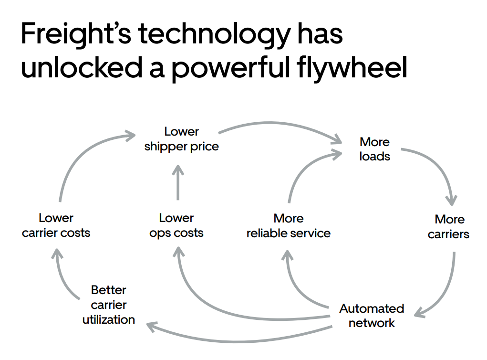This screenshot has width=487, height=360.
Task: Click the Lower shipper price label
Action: [x=181, y=139]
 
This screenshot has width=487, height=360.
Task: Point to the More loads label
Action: [x=374, y=149]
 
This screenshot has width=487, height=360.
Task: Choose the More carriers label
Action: [x=448, y=227]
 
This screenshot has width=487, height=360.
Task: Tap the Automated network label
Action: [x=372, y=316]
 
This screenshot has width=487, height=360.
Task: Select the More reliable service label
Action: [x=288, y=226]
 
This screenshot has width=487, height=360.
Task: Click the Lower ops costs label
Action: [x=176, y=225]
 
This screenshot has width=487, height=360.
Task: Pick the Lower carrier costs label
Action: [x=56, y=225]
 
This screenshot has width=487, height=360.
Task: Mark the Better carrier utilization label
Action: [x=108, y=305]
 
